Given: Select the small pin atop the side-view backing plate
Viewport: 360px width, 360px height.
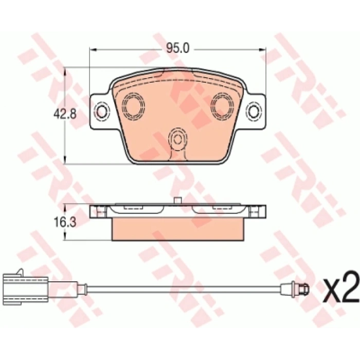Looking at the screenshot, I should tap(178, 202).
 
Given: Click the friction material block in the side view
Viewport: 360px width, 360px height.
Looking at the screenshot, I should tap(178, 229).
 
